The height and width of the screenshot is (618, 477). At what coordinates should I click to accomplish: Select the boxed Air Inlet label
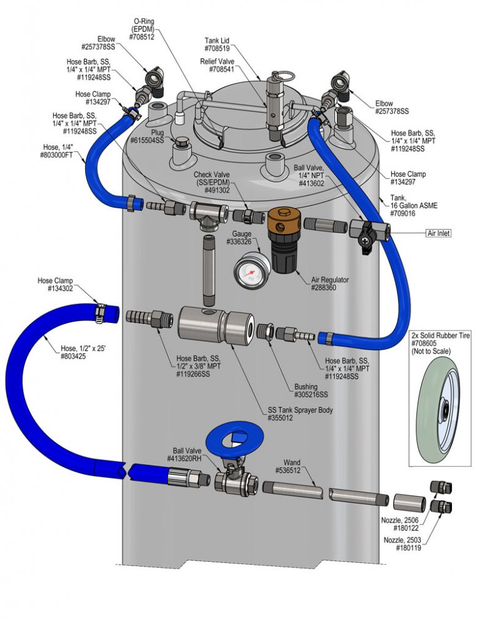438,233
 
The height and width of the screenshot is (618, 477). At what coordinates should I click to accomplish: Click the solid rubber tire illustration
439,410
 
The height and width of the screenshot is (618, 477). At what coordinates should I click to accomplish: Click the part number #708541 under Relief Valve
222,69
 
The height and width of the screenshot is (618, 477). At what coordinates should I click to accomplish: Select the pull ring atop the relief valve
284,74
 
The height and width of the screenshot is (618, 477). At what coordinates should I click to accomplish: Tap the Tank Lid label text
217,41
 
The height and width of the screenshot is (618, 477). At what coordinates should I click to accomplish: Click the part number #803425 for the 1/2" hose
73,357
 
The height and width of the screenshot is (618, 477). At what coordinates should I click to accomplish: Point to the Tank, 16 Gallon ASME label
414,205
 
